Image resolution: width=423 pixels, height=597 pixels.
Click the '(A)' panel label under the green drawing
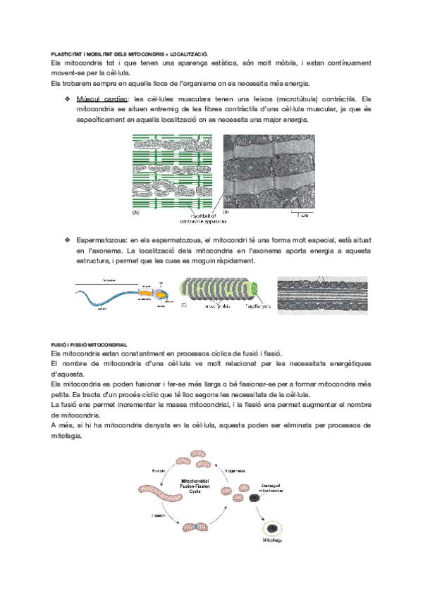pos(136,212)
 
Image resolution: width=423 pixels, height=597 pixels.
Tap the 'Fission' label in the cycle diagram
pos(158,515)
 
